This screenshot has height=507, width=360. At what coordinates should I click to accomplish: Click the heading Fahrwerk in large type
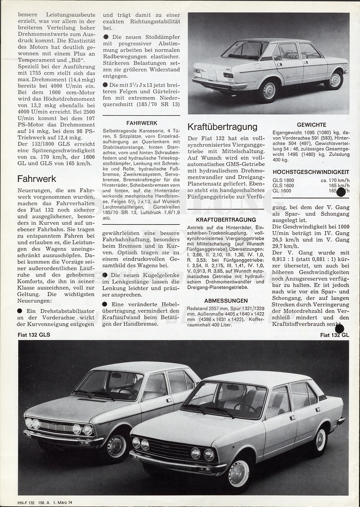point(37,179)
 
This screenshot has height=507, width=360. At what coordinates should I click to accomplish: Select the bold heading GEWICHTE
point(311,125)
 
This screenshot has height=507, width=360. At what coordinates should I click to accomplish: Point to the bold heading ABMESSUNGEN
point(226,300)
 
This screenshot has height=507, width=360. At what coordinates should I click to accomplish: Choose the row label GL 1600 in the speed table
point(282,191)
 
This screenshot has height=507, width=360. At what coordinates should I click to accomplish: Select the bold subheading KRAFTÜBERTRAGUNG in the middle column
point(226,219)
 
